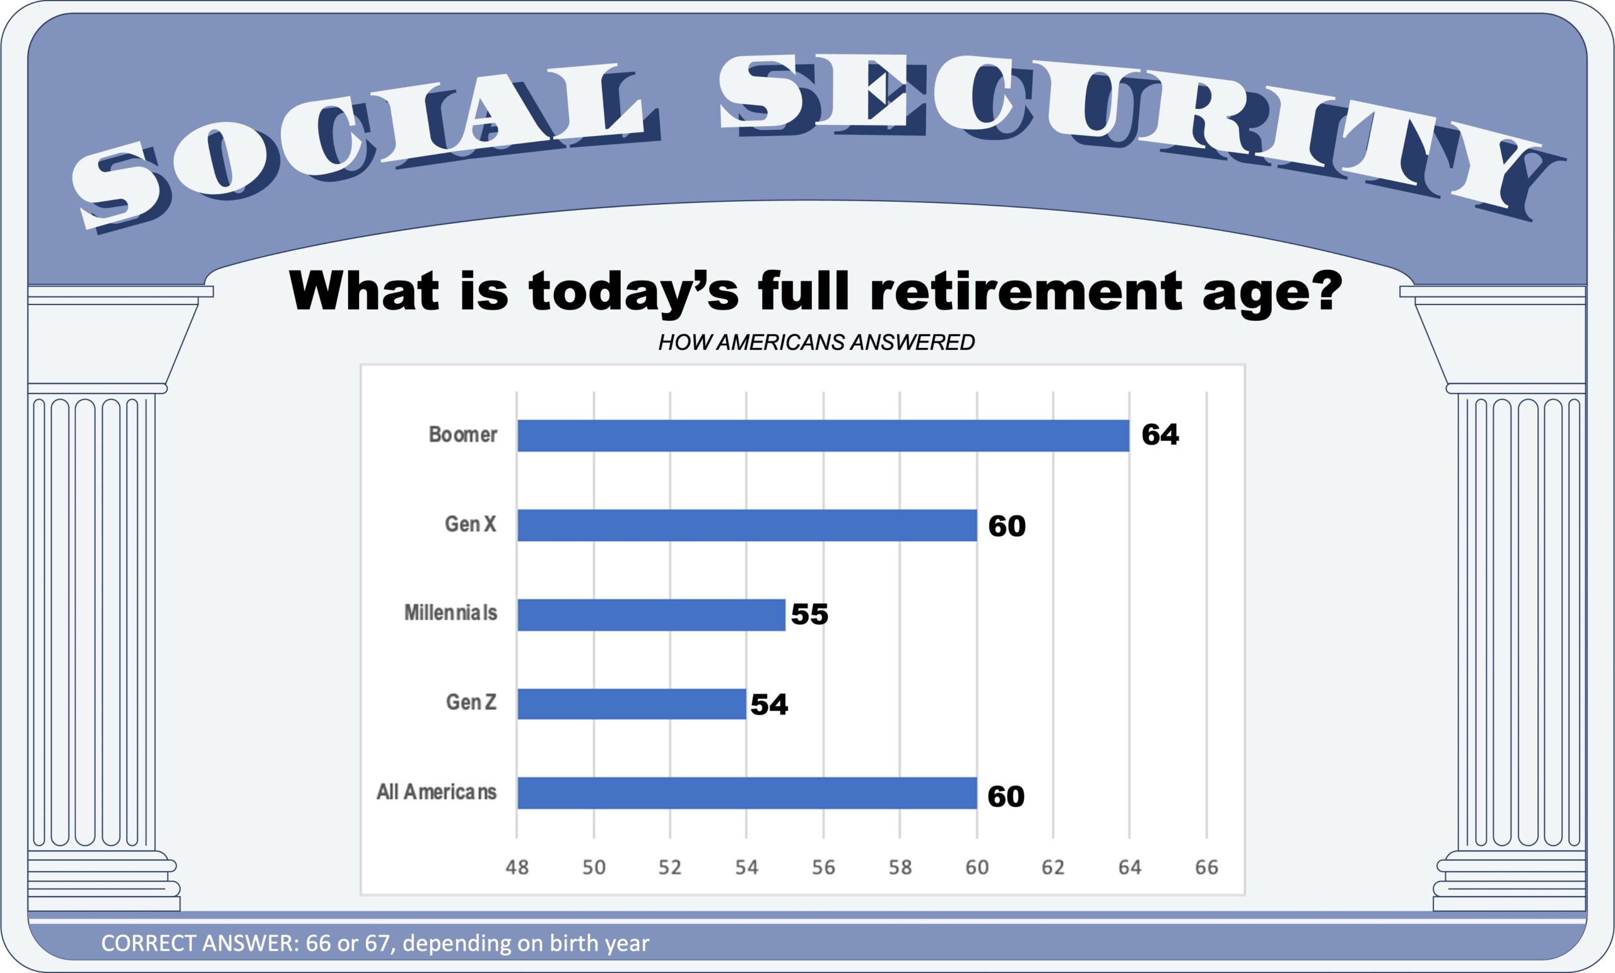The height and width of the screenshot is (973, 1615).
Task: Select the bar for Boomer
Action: pos(823,436)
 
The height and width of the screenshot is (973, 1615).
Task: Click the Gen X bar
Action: pos(747,525)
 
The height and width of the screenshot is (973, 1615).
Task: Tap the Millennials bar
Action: pos(652,615)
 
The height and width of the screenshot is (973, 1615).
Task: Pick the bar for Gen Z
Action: pos(632,704)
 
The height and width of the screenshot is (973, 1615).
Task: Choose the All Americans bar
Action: pos(747,793)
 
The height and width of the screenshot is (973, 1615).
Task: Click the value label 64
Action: pos(1160,435)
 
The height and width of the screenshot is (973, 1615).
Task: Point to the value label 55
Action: pos(809,615)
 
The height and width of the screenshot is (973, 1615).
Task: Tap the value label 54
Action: pos(769,704)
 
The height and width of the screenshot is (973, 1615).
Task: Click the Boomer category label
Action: pos(463,434)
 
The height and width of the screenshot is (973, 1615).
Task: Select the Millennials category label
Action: pos(450,613)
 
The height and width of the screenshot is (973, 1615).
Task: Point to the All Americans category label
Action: pos(437,792)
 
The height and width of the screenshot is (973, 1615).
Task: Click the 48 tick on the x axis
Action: pos(517,868)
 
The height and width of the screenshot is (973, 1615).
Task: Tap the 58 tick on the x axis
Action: pos(900,868)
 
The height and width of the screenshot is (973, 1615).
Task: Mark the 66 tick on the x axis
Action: pos(1207,868)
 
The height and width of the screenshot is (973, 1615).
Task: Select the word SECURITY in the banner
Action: pos(1141,131)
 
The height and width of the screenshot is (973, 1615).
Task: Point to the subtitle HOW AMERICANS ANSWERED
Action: pos(817,342)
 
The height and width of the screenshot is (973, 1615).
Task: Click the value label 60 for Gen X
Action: pos(1007,525)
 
